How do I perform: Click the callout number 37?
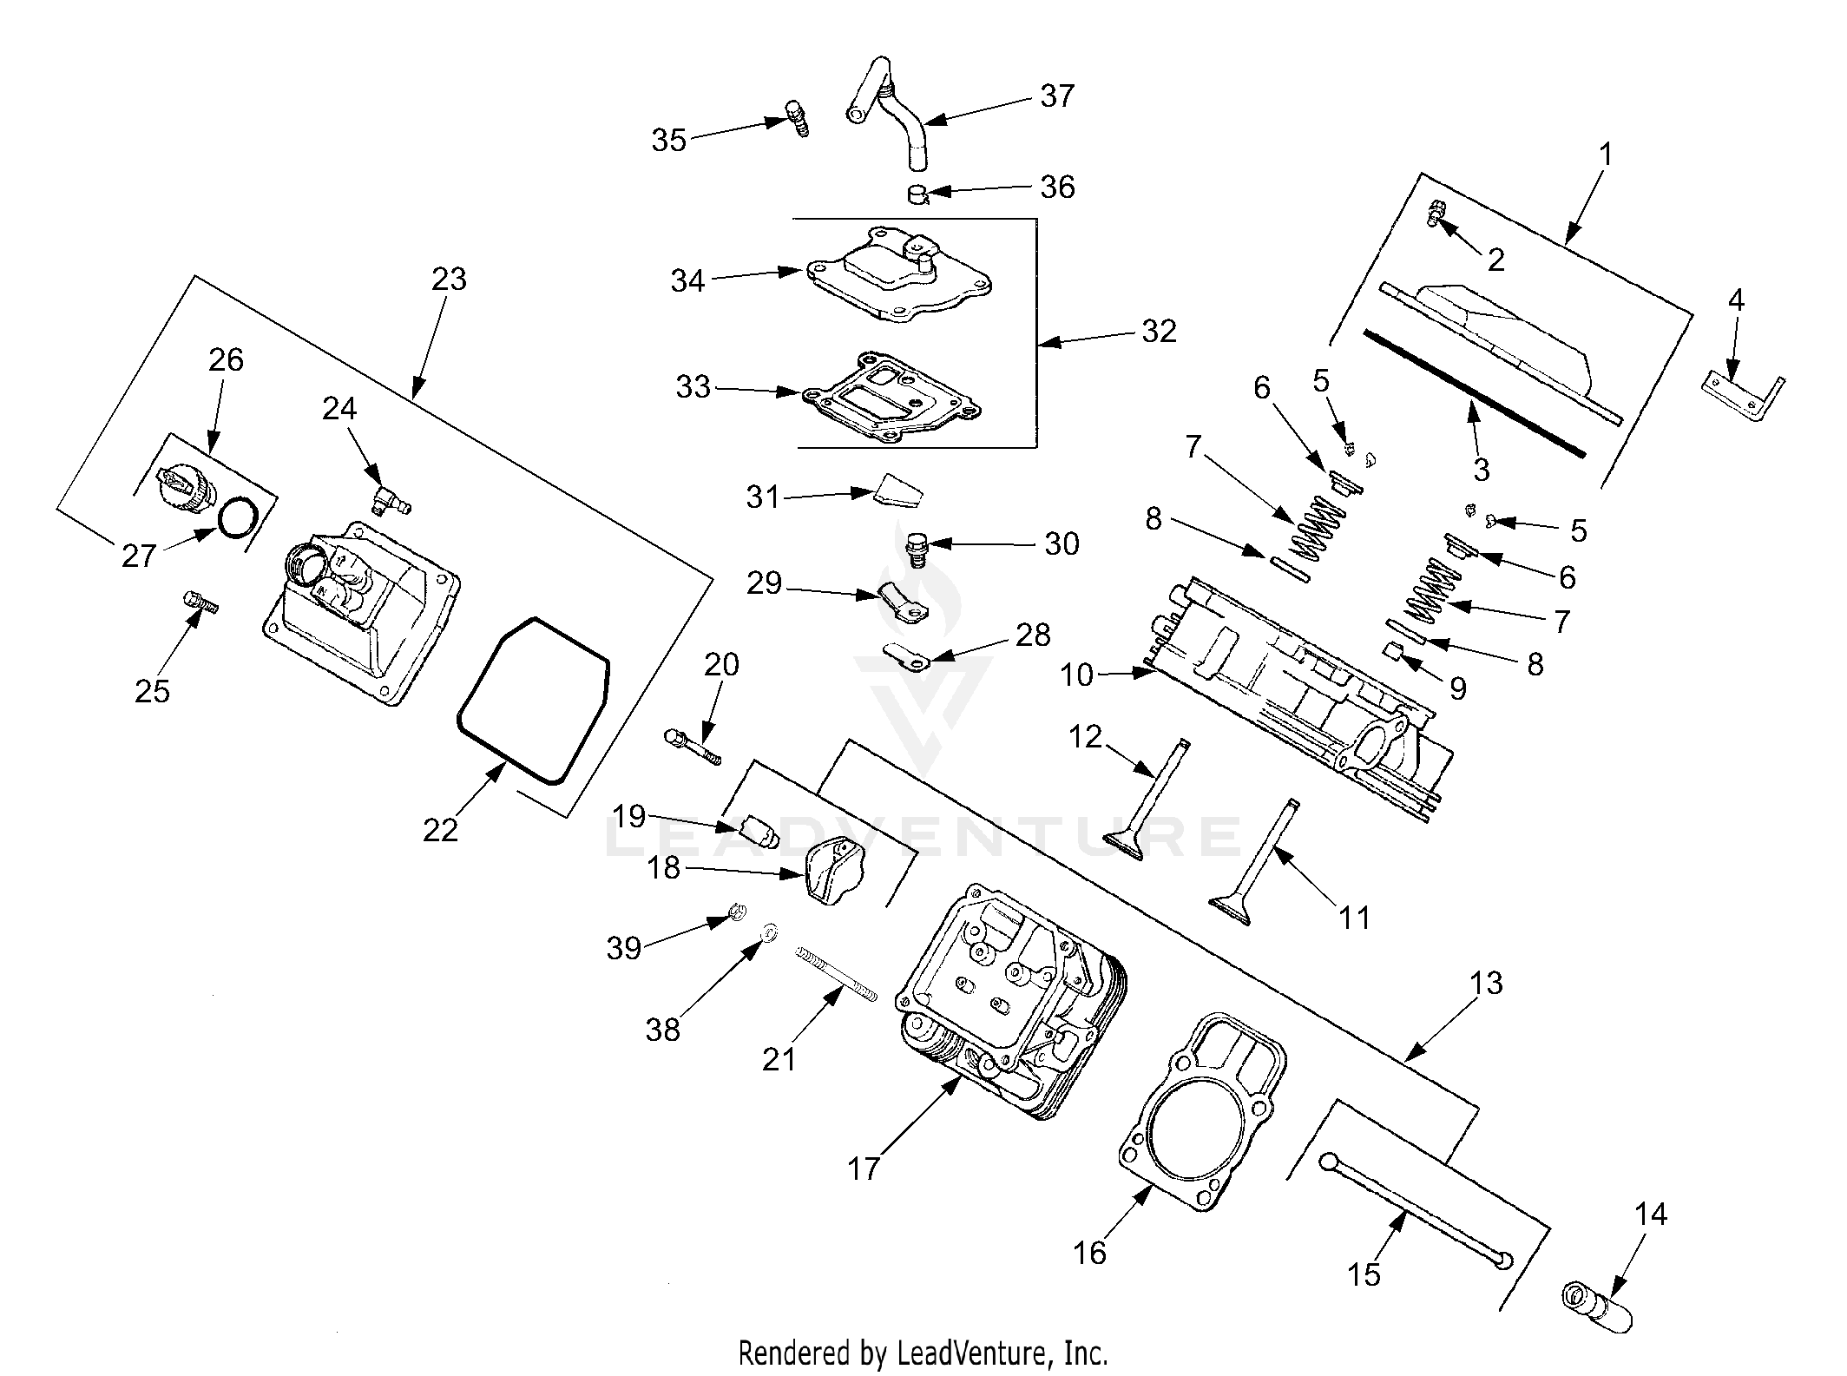1057,95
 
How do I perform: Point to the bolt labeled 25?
200,601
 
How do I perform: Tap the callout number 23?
449,280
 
